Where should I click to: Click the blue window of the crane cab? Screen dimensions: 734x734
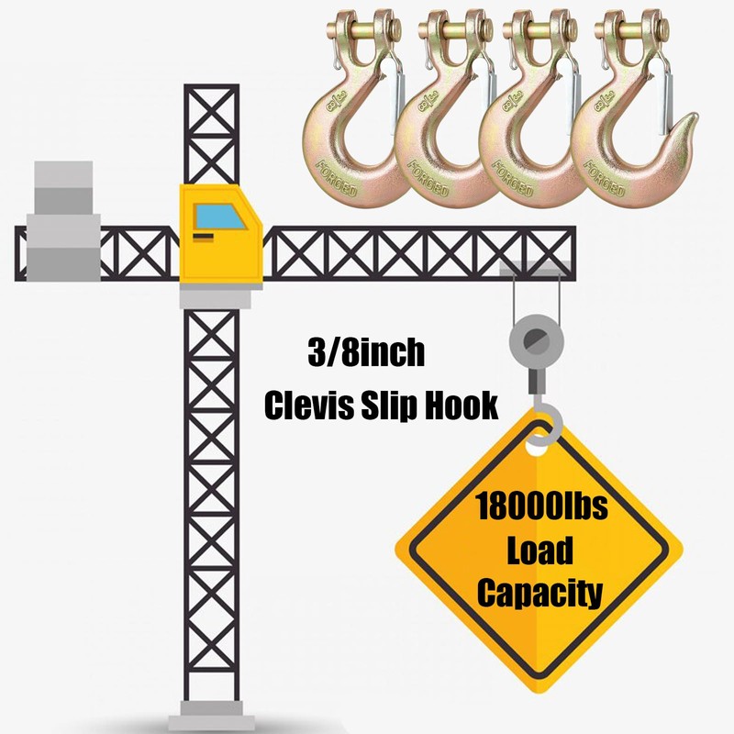coord(219,217)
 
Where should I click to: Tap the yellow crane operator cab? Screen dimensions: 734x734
coord(220,234)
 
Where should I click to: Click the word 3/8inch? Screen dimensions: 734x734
coord(366,352)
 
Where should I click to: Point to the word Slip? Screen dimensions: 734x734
coord(386,406)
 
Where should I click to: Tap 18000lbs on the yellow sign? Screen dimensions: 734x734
coord(541,506)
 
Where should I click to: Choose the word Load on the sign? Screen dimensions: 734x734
coord(540,550)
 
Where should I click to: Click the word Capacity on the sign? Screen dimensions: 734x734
coord(539,595)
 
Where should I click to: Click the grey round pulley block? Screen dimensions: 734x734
coord(537,339)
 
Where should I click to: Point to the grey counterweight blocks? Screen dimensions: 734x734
coord(63,221)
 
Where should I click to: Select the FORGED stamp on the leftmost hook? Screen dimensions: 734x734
coord(337,178)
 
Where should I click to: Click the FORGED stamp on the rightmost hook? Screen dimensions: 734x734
coord(605,178)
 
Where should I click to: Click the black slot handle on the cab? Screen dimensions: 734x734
coord(203,237)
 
